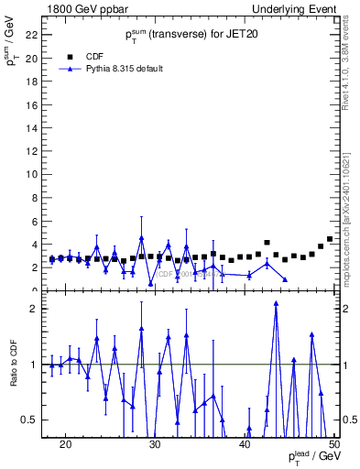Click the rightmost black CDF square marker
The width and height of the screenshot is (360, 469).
click(x=330, y=239)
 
